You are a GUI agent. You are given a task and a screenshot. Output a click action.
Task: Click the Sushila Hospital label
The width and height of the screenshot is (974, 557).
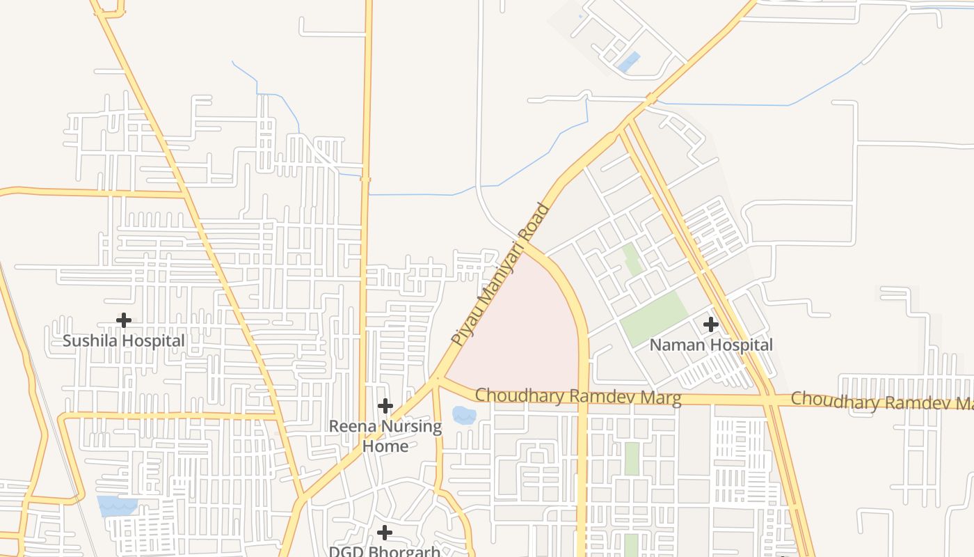[124, 341]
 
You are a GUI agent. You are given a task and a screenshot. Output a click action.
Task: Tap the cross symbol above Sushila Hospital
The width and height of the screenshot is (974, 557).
[124, 320]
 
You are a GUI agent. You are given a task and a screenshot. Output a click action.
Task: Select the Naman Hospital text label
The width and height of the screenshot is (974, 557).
[711, 345]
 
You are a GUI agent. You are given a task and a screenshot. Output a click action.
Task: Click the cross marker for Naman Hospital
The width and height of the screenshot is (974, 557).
[711, 324]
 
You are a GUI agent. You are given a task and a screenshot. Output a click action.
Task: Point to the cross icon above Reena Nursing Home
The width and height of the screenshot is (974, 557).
[385, 406]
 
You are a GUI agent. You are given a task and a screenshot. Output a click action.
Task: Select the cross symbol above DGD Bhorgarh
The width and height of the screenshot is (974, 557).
[384, 533]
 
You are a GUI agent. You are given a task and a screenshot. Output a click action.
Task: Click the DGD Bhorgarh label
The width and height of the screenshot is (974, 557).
[384, 551]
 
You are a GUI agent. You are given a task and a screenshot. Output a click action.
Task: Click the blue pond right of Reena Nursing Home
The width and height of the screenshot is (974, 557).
[464, 416]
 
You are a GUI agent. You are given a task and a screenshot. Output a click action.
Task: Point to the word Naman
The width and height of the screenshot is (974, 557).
[673, 345]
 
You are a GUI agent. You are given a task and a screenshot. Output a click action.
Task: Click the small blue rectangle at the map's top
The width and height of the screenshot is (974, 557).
[628, 62]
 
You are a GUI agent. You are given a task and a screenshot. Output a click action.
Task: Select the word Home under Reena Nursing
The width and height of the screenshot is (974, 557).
[385, 446]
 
